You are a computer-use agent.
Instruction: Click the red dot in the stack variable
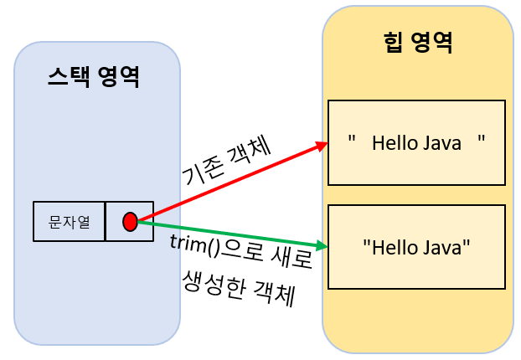tap(130, 222)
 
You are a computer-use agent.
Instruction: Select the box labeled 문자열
tap(70, 222)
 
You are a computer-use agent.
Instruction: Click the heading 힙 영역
tap(417, 42)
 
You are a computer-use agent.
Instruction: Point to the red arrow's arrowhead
tap(323, 146)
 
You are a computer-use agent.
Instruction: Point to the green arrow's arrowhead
tap(322, 246)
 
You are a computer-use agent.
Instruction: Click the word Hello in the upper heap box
tap(395, 143)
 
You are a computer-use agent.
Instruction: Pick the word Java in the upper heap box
tap(441, 143)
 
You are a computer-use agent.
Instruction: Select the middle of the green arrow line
tap(230, 234)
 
